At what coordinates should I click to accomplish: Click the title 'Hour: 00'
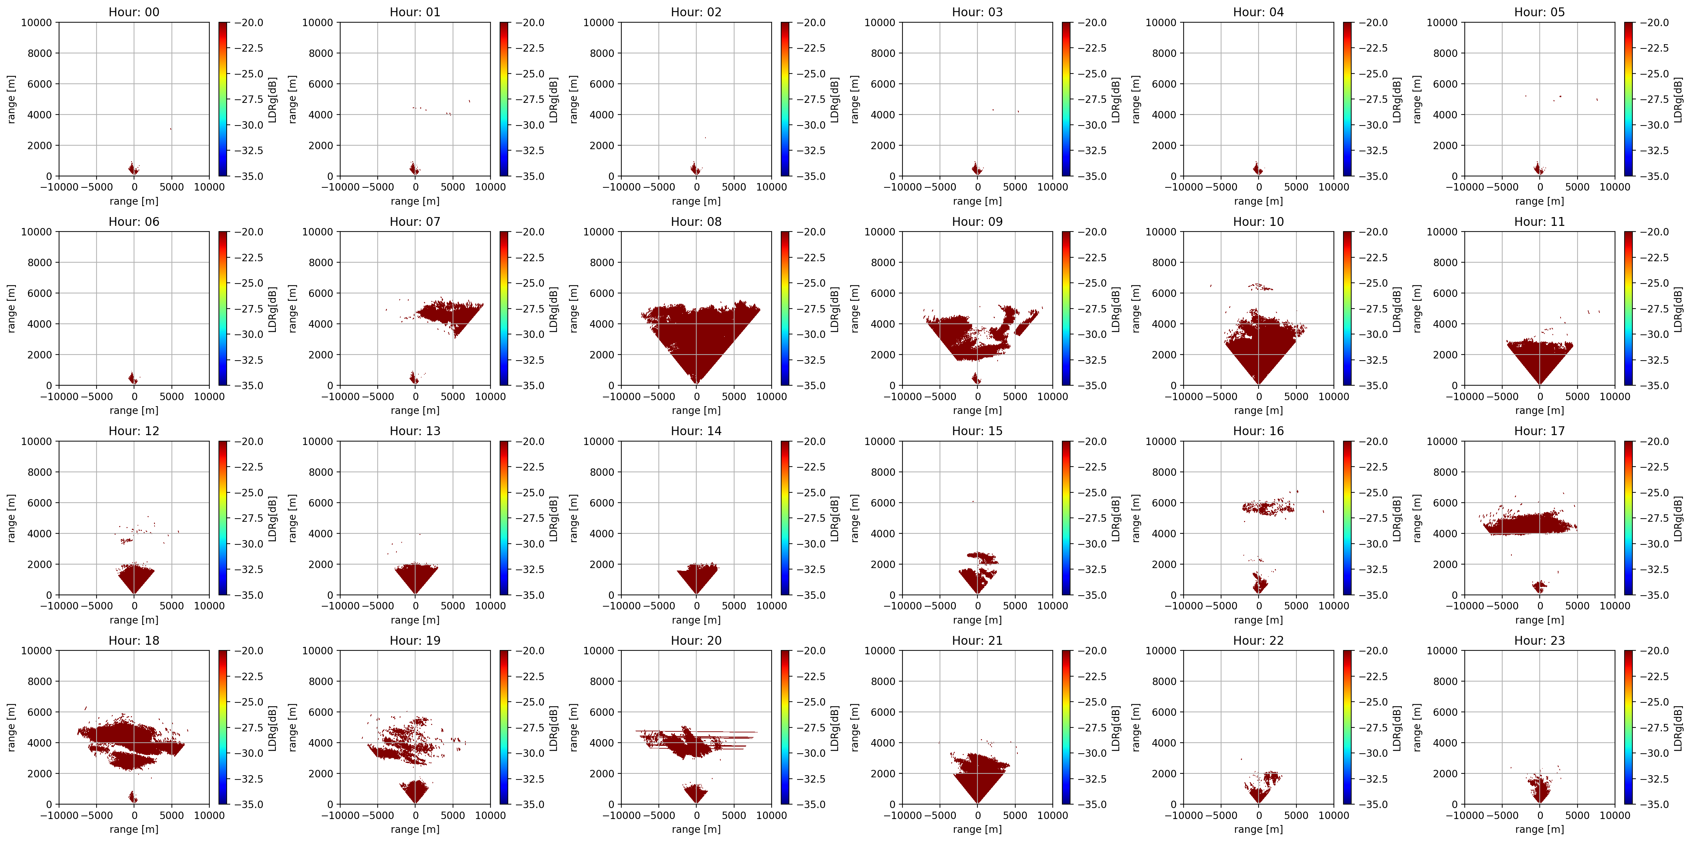(134, 12)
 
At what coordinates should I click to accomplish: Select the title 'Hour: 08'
(696, 222)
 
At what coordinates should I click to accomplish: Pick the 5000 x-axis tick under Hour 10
(1296, 396)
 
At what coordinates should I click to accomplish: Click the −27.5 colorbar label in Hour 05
(1654, 99)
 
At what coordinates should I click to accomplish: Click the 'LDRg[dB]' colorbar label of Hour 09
(1116, 309)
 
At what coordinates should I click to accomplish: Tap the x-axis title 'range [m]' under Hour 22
(1258, 829)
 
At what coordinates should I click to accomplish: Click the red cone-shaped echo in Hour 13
(416, 578)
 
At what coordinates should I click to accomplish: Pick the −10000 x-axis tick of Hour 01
(337, 187)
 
